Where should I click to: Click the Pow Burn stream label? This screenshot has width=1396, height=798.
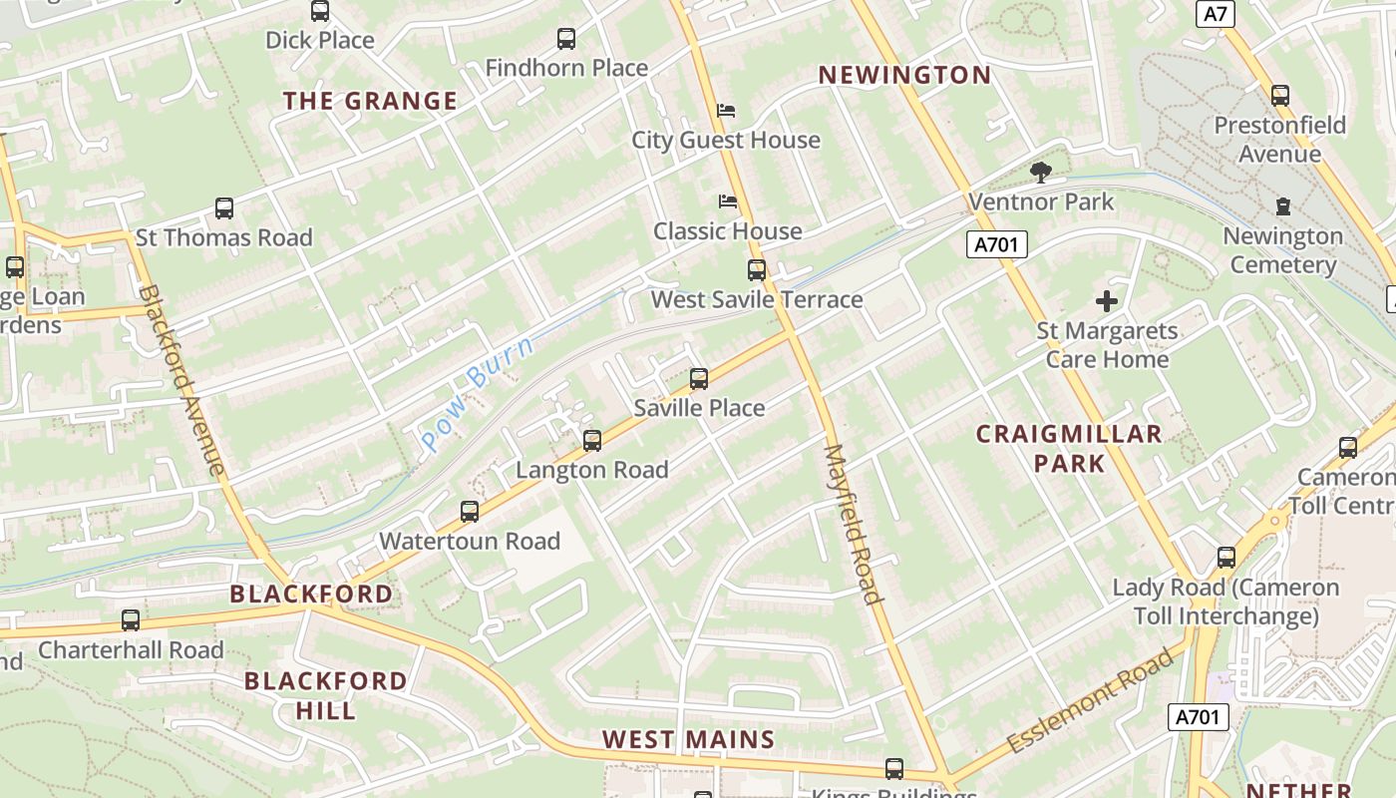tap(477, 393)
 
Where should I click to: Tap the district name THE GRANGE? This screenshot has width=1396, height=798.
tap(370, 101)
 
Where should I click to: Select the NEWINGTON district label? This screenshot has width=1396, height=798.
tap(904, 75)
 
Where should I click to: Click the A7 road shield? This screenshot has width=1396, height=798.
tap(1215, 14)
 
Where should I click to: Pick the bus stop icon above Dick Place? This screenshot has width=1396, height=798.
tap(320, 11)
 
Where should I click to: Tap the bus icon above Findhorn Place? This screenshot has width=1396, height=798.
tap(566, 39)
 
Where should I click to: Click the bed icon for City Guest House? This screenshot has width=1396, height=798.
tap(726, 110)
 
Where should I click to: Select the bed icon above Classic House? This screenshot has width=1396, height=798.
tap(728, 201)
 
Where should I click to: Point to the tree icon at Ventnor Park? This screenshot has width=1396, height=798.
tap(1040, 173)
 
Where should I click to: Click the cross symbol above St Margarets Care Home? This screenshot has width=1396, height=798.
tap(1106, 300)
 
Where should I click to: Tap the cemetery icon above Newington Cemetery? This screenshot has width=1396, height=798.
tap(1282, 206)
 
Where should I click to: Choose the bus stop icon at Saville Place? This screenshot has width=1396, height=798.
tap(699, 379)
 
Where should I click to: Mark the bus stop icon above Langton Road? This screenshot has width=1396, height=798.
tap(592, 440)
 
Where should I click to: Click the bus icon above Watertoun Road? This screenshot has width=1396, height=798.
tap(470, 512)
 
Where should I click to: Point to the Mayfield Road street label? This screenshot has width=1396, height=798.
tap(854, 525)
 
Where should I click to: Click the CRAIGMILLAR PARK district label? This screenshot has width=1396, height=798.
tap(1069, 448)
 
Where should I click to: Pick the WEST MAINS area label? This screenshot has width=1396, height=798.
tap(688, 739)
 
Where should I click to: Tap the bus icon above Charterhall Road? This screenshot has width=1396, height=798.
tap(131, 620)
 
